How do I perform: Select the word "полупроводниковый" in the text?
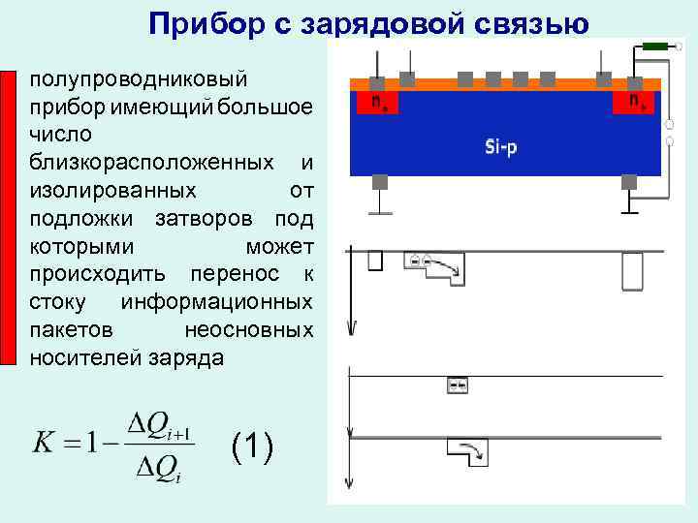pos(139,77)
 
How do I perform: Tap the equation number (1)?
pos(252,446)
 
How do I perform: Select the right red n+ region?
pos(634,101)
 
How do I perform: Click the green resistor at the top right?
pos(655,46)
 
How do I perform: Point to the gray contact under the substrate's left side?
pos(380,182)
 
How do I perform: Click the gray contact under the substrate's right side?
pos(627,182)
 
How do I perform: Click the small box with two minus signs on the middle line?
pos(456,385)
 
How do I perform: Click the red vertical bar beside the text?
pos(10,217)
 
